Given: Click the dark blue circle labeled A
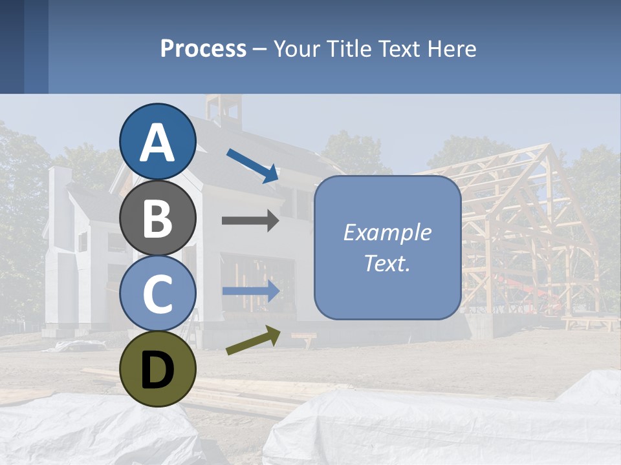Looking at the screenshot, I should [158, 142].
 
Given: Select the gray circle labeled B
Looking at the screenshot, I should [158, 218].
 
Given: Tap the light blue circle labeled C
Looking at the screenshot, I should [158, 293].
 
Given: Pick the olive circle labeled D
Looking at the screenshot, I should [158, 369].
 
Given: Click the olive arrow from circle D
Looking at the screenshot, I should [253, 340].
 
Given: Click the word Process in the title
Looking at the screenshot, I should [203, 48].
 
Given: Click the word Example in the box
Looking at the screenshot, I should [387, 232].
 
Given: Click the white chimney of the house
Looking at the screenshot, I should [60, 187].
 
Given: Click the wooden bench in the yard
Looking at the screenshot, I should [304, 338].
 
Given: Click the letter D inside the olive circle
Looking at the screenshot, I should [158, 370].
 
